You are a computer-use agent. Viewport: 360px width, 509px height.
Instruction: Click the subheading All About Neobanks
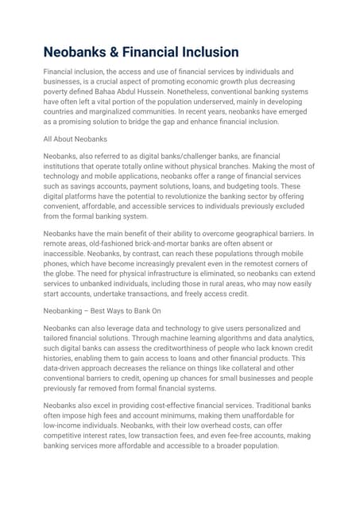point(75,139)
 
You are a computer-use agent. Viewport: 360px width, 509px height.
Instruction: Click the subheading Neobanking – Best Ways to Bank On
point(103,312)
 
